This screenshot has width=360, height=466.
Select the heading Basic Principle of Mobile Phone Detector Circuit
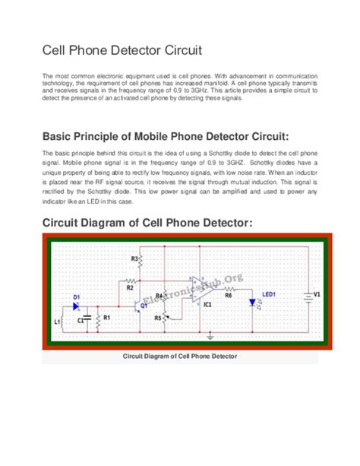tap(166, 137)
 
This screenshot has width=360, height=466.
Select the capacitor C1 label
tap(81, 320)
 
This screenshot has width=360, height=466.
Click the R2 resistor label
tap(130, 288)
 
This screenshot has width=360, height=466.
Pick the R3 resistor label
tap(134, 259)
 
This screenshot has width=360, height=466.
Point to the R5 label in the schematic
tap(158, 317)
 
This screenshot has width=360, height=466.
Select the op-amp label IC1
tap(207, 305)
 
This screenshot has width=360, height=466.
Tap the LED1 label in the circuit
tap(269, 293)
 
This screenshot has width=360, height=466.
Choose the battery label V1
tap(317, 293)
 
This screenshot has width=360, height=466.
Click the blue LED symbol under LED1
tap(251, 303)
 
